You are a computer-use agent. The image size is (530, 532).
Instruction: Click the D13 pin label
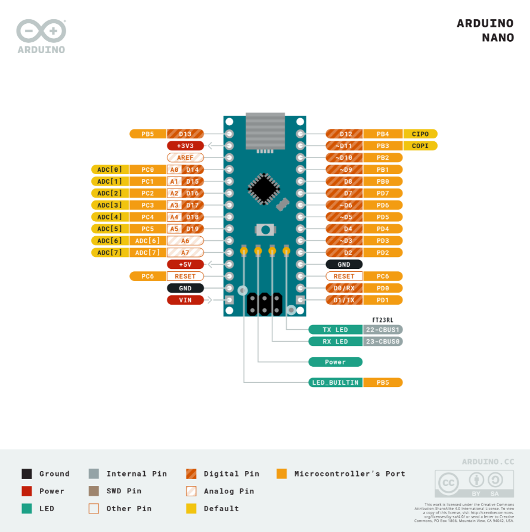click(185, 134)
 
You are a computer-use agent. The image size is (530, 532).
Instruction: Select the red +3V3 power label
click(185, 146)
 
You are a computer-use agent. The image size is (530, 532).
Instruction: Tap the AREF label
click(185, 157)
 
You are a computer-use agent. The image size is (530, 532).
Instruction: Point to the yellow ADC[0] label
click(109, 169)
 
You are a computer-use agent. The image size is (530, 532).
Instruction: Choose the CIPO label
click(420, 134)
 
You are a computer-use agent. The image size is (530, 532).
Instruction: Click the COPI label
click(420, 146)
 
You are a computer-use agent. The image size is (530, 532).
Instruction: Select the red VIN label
click(185, 300)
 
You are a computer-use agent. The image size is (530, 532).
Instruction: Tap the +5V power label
click(185, 264)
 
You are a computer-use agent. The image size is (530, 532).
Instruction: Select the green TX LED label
click(336, 330)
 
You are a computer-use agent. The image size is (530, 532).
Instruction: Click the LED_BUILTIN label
click(336, 382)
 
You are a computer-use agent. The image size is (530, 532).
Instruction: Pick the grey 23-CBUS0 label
click(383, 342)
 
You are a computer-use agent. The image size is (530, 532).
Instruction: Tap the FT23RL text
click(383, 320)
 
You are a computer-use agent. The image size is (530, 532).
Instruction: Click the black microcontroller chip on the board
click(263, 188)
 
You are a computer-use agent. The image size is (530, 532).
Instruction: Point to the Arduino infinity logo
click(41, 31)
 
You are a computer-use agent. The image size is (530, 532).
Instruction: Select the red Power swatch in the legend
click(27, 491)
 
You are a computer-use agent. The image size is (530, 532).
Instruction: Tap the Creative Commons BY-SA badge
click(475, 484)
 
